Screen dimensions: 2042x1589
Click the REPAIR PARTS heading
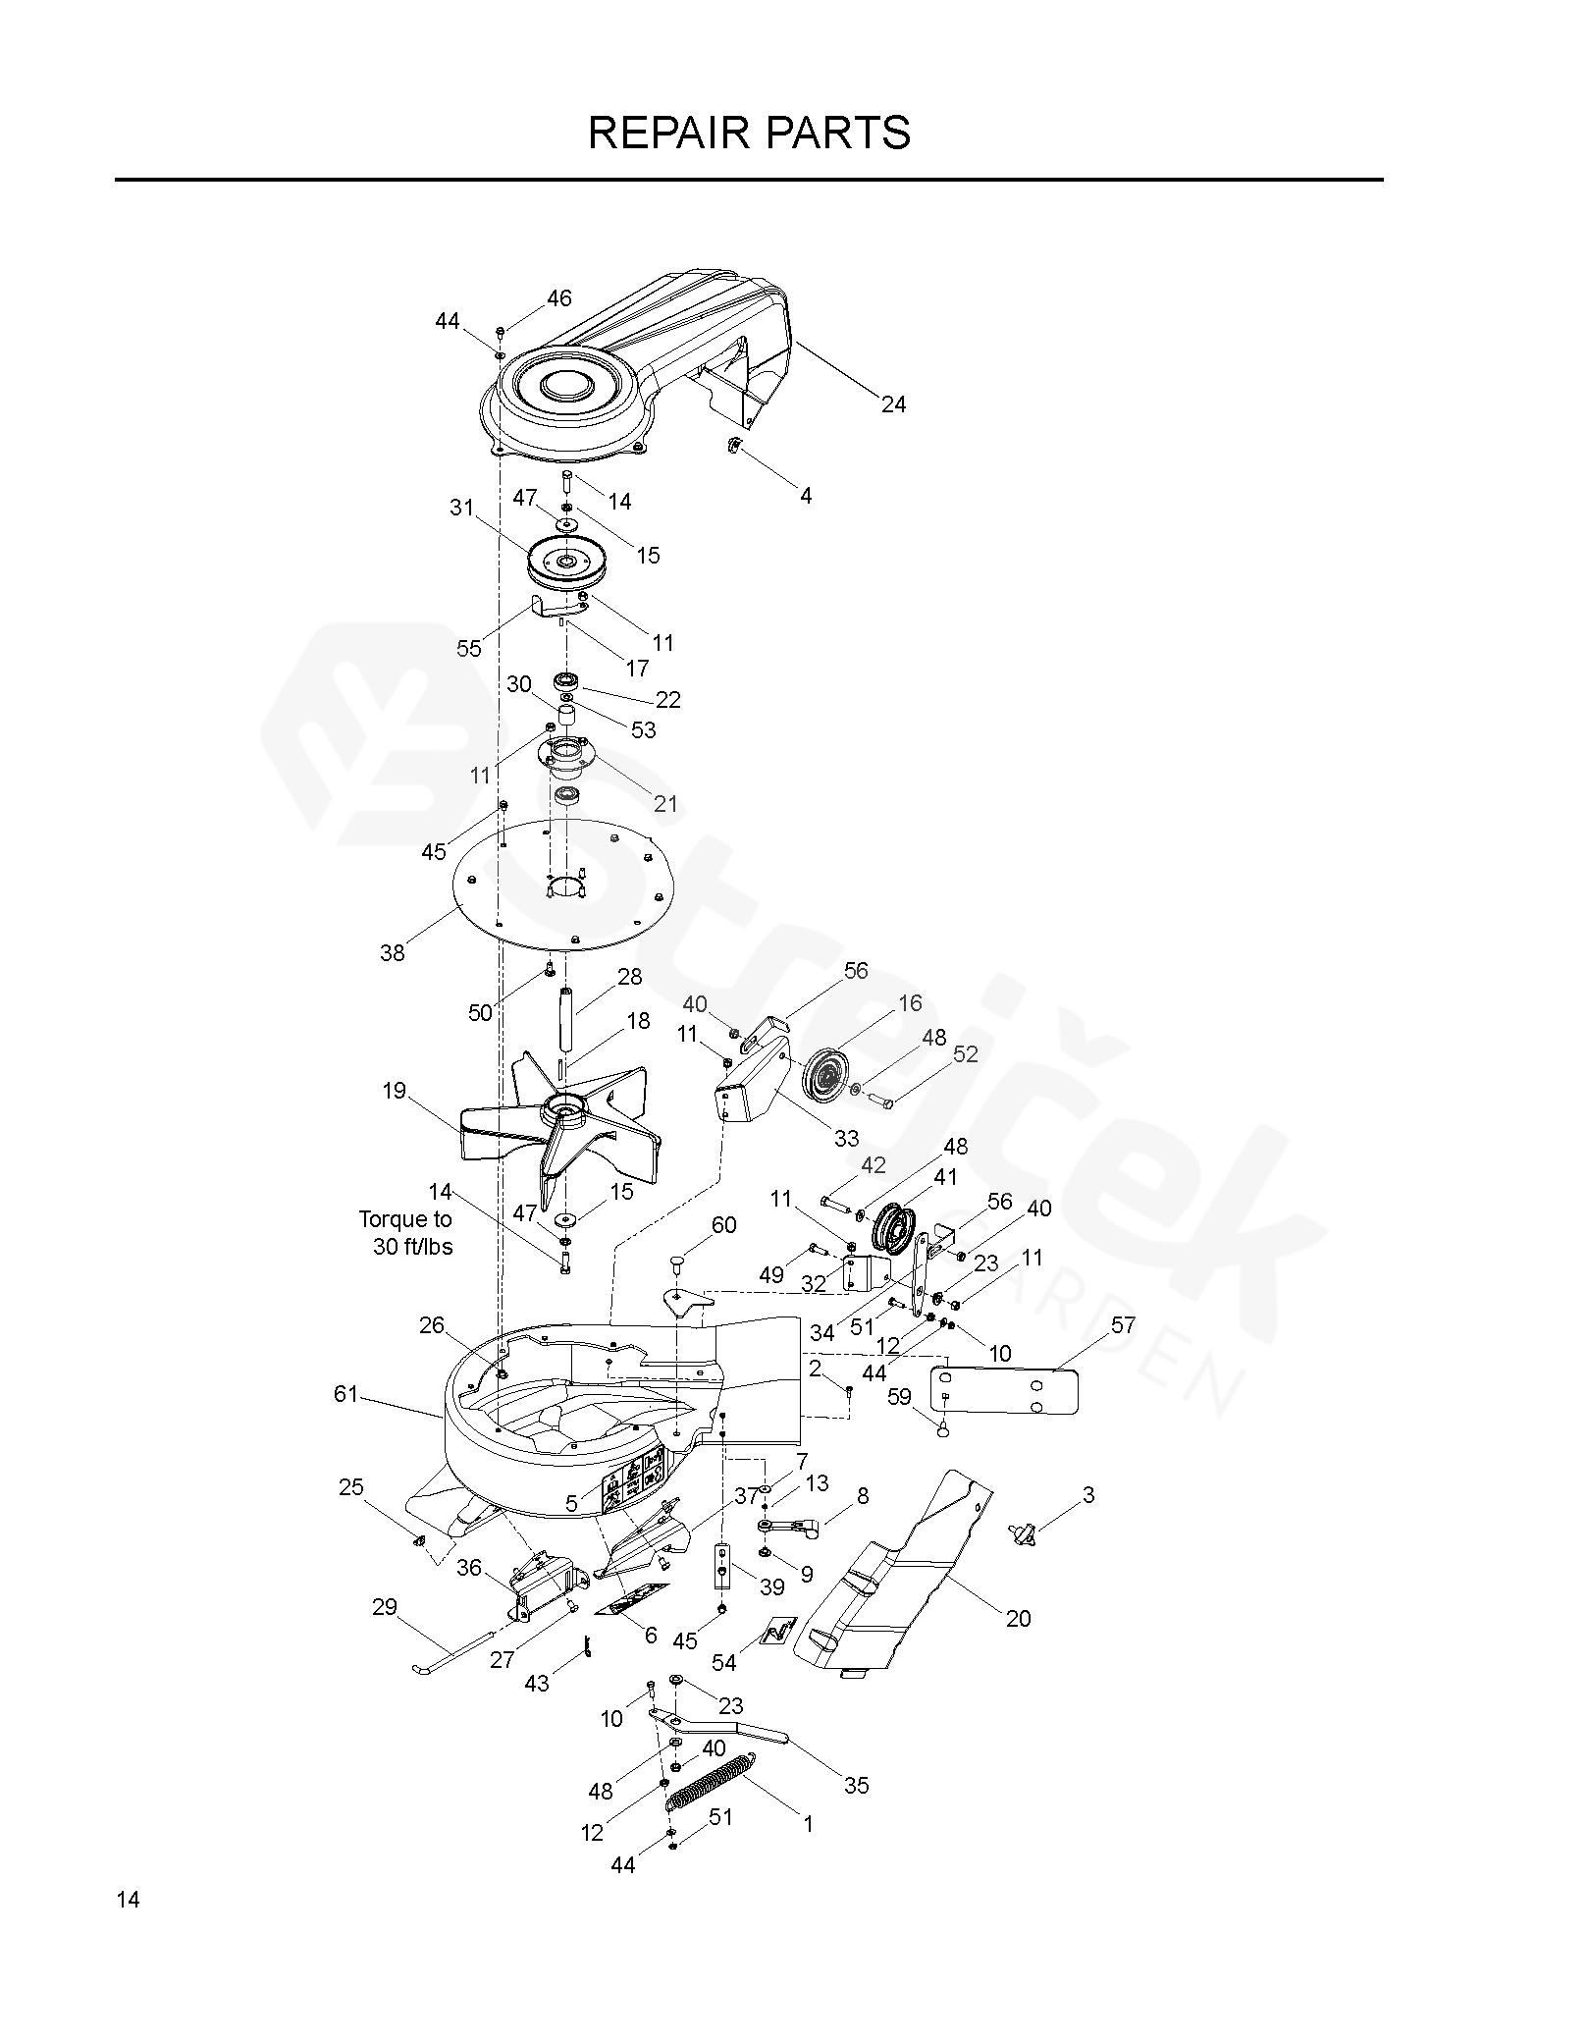point(749,133)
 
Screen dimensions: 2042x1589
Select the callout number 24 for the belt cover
point(893,403)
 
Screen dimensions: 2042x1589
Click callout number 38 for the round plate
point(392,952)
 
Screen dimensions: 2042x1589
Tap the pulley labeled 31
point(567,563)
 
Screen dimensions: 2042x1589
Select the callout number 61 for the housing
point(345,1393)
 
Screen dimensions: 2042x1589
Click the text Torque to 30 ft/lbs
point(406,1233)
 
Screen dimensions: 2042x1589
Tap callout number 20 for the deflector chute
point(1018,1618)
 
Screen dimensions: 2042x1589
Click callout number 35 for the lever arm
point(856,1785)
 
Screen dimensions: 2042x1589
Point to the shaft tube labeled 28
point(566,1020)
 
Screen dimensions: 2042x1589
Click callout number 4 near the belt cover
point(805,496)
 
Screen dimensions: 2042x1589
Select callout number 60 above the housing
point(723,1224)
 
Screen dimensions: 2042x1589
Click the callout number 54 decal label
point(724,1662)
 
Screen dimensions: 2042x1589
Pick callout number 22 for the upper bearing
point(667,699)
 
